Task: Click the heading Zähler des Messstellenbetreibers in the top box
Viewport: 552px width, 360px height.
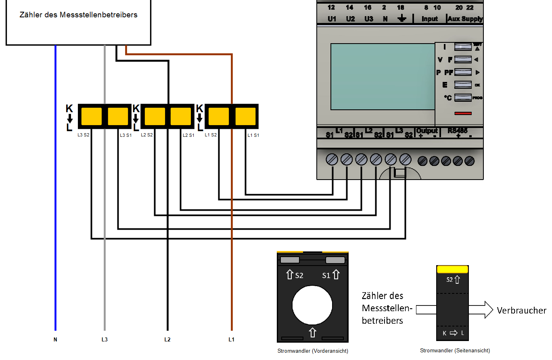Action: [x=78, y=15]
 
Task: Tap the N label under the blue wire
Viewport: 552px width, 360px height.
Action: [x=55, y=339]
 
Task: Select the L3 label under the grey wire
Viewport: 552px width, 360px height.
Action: [x=105, y=339]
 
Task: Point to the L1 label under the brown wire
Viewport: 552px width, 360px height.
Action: [x=231, y=339]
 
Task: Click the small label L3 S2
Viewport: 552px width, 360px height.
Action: [x=84, y=135]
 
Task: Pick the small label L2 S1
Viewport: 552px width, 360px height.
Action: [x=188, y=135]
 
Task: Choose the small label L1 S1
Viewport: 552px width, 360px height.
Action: [x=253, y=135]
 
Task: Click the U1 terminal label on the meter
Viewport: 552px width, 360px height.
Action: [x=332, y=19]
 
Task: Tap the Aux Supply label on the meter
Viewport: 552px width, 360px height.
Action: [x=465, y=19]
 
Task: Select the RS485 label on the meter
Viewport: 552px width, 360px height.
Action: [x=458, y=131]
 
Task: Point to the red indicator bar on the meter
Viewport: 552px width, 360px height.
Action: [x=463, y=113]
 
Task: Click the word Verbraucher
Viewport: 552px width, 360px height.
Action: [x=521, y=310]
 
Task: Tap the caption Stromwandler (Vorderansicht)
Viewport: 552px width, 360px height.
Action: [x=313, y=351]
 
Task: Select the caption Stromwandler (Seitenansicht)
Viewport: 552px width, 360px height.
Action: [x=455, y=351]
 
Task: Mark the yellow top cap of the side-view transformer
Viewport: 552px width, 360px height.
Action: [x=452, y=269]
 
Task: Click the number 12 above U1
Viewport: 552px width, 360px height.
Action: [x=331, y=7]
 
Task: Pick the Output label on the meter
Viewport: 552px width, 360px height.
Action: [x=427, y=131]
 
